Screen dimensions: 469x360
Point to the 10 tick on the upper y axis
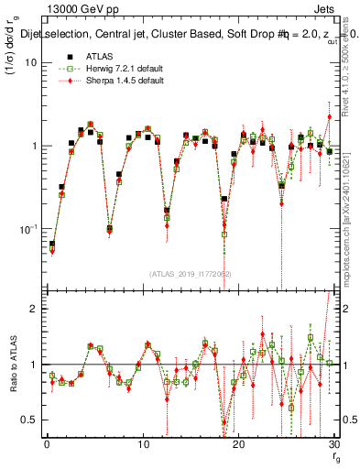(29, 62)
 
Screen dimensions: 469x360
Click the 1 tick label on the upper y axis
(33, 146)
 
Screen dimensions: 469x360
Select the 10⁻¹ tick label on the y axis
(27, 228)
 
